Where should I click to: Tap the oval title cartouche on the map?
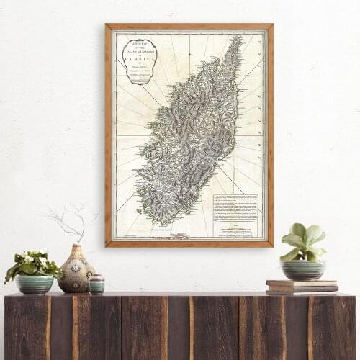pyautogui.click(x=139, y=60)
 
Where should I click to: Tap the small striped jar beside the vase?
pyautogui.click(x=96, y=284)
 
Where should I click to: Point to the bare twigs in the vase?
pyautogui.click(x=72, y=220)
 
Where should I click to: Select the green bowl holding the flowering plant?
pyautogui.click(x=34, y=284)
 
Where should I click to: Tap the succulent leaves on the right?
pyautogui.click(x=302, y=241)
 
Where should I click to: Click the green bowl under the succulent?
pyautogui.click(x=302, y=269)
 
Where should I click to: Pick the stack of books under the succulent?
pyautogui.click(x=302, y=287)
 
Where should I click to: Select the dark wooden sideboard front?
pyautogui.click(x=180, y=328)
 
